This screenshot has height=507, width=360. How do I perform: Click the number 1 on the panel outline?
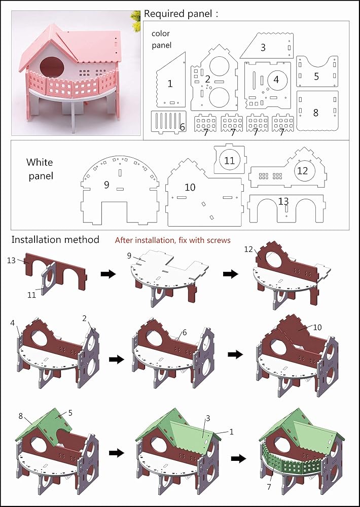tap(170, 84)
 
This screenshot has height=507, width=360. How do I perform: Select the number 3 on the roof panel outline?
tap(263, 48)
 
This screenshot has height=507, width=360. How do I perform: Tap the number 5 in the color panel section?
tap(316, 77)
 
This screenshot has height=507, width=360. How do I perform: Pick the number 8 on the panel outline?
tap(316, 113)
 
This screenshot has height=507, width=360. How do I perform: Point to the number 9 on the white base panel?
tap(106, 185)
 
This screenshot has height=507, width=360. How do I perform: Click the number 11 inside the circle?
tap(229, 160)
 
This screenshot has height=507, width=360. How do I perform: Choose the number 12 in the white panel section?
tap(302, 171)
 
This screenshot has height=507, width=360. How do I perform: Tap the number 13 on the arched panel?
tap(283, 201)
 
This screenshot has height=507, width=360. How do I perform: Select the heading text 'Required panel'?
tap(178, 14)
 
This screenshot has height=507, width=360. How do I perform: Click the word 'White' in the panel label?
tap(40, 162)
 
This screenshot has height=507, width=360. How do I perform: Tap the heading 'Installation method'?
tap(55, 240)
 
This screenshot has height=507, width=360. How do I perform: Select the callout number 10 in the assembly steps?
tap(317, 327)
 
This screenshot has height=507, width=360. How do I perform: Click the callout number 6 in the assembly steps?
tap(185, 333)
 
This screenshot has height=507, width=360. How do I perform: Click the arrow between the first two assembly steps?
tap(109, 274)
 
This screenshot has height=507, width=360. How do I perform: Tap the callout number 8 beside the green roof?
tap(21, 416)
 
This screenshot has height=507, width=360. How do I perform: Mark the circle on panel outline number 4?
tap(276, 80)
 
